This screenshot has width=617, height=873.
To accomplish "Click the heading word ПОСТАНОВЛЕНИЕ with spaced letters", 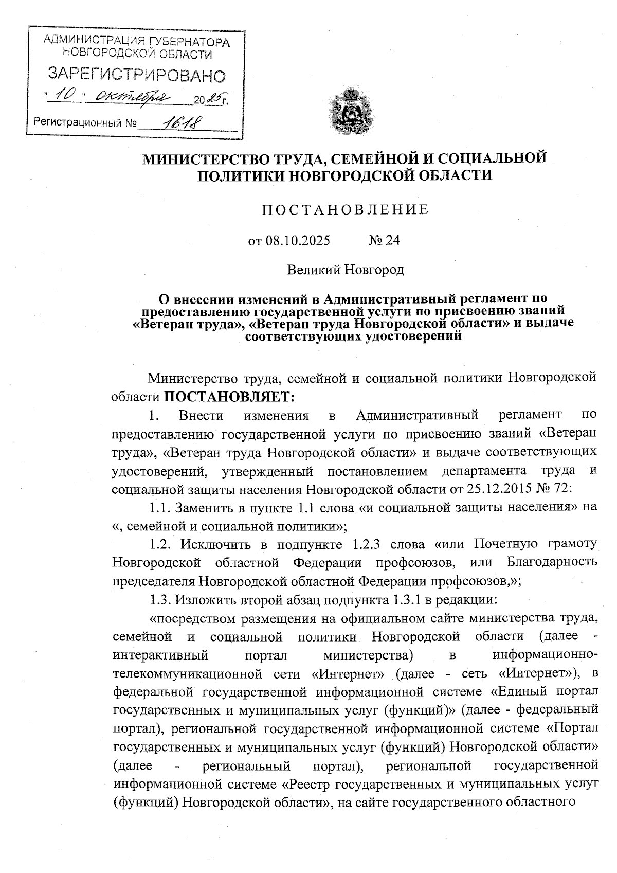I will click(x=344, y=210).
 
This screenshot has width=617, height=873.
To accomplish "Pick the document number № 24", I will click(x=384, y=240).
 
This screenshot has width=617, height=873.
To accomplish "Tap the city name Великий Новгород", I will click(x=345, y=270).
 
